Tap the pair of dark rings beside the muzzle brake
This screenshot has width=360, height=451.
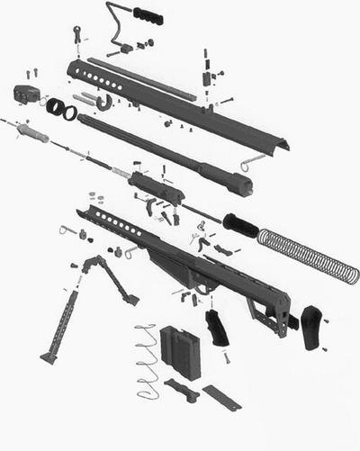point(61,111)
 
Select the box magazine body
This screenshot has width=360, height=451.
point(177,351)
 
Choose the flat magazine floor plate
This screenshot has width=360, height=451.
point(221,397)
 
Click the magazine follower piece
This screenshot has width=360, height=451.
point(181,389)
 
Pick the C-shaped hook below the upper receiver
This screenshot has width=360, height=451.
point(103,104)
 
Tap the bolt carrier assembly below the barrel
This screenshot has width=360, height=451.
point(157,185)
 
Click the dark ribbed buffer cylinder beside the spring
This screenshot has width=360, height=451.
point(239,224)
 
